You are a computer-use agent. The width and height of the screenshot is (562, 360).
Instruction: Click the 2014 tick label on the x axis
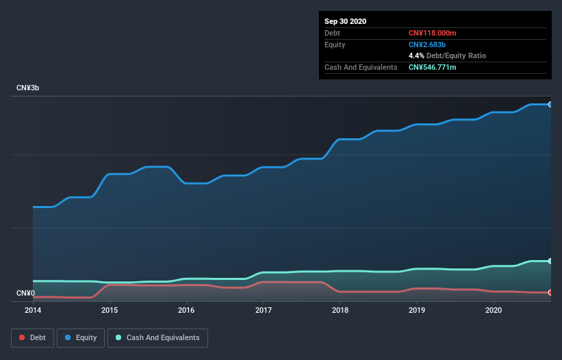(33, 310)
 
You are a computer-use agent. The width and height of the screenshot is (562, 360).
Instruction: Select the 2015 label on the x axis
(110, 310)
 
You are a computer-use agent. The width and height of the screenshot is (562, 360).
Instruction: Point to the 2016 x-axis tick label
(186, 310)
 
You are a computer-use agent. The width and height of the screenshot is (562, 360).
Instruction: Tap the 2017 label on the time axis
(263, 310)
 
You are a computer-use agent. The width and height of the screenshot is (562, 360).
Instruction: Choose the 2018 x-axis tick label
(340, 310)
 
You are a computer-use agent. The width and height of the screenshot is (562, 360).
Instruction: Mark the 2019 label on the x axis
(416, 310)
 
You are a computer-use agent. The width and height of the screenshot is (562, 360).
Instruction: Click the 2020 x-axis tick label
(493, 310)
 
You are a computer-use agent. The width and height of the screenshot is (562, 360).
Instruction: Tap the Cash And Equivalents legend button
(157, 337)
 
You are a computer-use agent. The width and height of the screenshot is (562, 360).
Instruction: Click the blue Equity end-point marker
(550, 105)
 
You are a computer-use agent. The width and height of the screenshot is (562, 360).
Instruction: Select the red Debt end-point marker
(550, 292)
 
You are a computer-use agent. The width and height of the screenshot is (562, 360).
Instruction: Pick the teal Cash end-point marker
(550, 261)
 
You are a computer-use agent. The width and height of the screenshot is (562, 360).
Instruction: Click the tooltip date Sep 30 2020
(345, 21)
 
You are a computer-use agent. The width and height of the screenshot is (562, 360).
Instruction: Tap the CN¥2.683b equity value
(428, 44)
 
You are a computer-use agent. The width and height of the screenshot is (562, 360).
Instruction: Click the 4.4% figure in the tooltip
(416, 55)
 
